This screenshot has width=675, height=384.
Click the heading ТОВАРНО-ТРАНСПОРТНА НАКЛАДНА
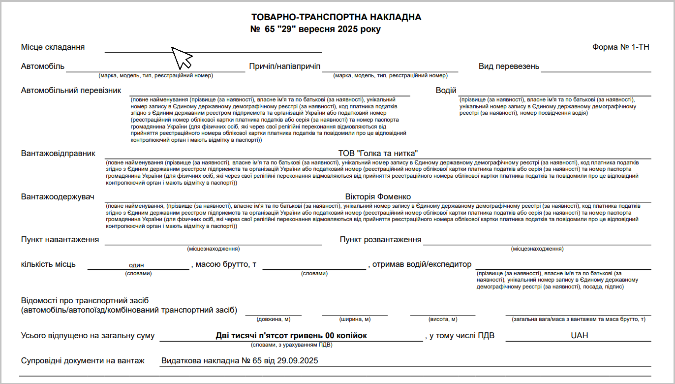(x=336, y=17)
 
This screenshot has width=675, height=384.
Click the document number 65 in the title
(x=269, y=30)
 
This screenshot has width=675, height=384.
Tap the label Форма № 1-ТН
(x=621, y=47)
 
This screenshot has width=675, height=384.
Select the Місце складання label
(x=53, y=47)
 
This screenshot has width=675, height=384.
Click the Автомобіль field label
(x=43, y=66)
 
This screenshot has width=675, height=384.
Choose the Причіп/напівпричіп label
(x=285, y=66)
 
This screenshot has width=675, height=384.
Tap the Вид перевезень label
(x=509, y=66)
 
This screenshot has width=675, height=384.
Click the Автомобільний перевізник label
(x=71, y=91)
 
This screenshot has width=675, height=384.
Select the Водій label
(x=446, y=91)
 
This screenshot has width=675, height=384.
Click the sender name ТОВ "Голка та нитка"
(x=378, y=154)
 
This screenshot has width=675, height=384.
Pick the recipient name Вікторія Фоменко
(x=378, y=197)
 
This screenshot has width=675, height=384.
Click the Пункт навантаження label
(x=60, y=240)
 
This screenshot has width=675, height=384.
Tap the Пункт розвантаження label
(x=380, y=240)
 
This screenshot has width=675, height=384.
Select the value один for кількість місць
(x=136, y=265)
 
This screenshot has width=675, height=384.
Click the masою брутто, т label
(x=226, y=264)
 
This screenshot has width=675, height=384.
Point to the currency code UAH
(x=580, y=336)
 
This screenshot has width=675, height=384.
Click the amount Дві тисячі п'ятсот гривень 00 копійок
(x=291, y=336)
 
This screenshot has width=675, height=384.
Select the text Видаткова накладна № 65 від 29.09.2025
(x=240, y=361)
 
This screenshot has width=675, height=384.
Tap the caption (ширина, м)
(x=355, y=320)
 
